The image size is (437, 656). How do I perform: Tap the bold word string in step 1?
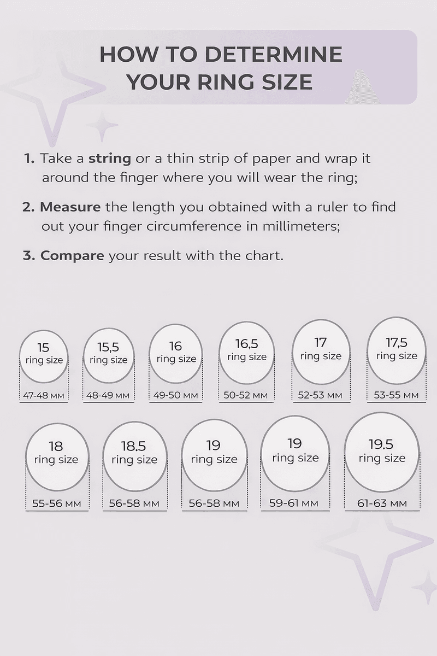[x=110, y=159]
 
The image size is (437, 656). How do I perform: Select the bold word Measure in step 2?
[x=70, y=207]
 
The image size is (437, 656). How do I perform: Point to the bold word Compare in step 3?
[x=72, y=256]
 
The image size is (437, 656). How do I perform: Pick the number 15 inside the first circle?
[x=43, y=348]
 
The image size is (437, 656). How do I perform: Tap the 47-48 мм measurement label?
[x=43, y=396]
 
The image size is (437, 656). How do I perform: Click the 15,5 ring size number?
[x=108, y=347]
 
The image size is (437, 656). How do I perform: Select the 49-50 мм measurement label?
[x=176, y=395]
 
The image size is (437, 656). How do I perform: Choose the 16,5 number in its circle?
[x=247, y=344]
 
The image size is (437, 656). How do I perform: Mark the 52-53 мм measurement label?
[x=320, y=395]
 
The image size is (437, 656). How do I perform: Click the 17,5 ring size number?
[x=397, y=343]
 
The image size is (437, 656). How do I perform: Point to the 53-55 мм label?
[x=397, y=395]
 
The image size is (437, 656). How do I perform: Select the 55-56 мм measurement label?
[x=56, y=503]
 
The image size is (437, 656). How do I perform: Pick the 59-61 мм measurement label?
[x=293, y=503]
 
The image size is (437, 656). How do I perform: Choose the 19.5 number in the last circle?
[x=381, y=444]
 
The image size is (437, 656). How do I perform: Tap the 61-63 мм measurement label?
[x=382, y=503]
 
